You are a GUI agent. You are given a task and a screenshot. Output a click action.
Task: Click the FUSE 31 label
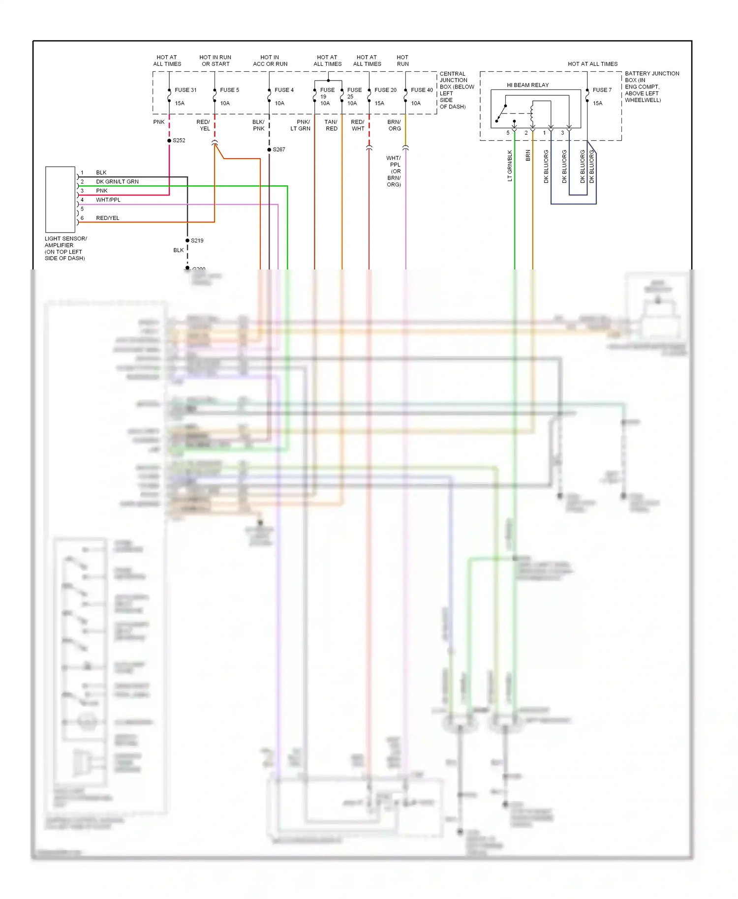point(185,90)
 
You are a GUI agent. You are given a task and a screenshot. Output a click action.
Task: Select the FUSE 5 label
point(229,90)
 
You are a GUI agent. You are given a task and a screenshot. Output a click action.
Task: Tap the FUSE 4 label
point(284,90)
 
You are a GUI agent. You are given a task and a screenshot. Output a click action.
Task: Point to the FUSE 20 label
point(385,90)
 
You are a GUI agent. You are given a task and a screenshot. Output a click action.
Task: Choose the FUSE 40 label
point(422,90)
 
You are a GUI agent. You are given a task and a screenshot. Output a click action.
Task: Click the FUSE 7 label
point(602,90)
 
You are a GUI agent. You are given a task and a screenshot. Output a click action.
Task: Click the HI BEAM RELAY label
point(527,85)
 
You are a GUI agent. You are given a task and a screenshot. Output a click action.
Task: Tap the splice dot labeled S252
point(169,141)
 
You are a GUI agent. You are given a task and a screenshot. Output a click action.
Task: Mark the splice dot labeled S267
point(269,150)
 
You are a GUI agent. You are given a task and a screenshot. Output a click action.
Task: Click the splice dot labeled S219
point(187,240)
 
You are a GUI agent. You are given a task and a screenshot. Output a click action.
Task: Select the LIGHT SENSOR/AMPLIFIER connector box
point(60,199)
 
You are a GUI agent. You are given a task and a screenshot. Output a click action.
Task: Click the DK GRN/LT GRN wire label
point(117,181)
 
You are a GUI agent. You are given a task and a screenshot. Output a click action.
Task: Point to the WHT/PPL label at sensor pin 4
point(108,200)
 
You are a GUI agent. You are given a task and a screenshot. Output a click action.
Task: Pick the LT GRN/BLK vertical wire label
point(510,166)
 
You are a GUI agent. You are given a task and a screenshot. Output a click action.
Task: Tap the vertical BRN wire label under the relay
point(528,155)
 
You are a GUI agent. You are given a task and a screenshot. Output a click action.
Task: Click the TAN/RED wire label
point(331,125)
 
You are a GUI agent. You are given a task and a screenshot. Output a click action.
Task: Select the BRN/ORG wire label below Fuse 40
point(394,125)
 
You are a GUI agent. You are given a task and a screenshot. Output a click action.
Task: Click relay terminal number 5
point(508,133)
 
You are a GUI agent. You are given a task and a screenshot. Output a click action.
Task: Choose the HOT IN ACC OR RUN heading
point(270,60)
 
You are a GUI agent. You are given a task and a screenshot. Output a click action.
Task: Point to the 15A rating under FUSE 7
point(597,103)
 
